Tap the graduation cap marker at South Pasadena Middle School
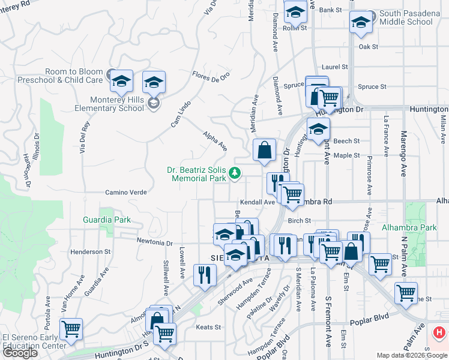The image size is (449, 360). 360,23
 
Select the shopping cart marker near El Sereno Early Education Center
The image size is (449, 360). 71,328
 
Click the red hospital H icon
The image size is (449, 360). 439,332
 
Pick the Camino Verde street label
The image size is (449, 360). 126,193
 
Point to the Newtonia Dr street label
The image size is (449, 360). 155,244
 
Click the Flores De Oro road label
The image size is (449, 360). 211,76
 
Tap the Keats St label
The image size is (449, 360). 209,328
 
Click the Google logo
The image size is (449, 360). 20,353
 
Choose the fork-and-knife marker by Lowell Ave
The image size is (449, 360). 205,275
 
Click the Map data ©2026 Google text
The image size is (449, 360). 411,355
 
